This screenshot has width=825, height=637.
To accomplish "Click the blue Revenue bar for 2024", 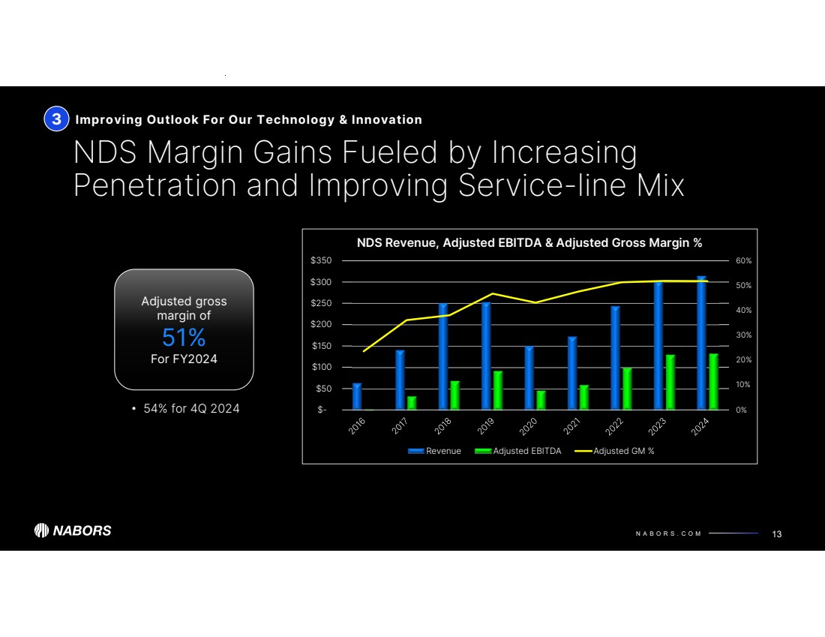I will click(x=701, y=344).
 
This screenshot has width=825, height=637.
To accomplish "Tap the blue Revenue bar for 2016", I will click(x=357, y=396).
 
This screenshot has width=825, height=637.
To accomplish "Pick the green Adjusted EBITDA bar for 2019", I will click(x=497, y=390).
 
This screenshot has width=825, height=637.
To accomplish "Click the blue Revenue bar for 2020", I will click(x=529, y=378).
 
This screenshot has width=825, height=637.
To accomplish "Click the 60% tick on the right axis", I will click(x=742, y=260).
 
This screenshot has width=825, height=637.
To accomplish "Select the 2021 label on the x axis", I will click(x=574, y=426).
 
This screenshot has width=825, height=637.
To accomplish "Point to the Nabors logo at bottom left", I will click(x=73, y=530).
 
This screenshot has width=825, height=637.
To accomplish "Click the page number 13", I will click(x=776, y=533).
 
